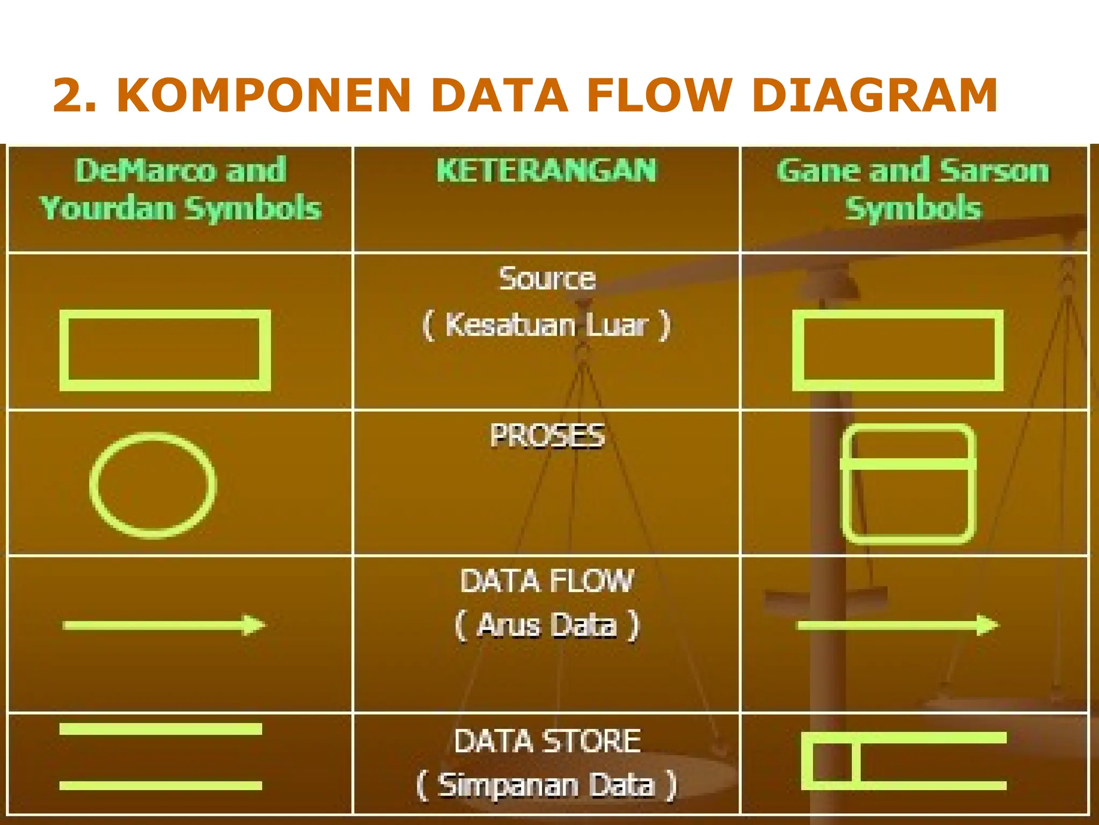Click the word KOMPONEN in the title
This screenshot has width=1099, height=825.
tap(263, 96)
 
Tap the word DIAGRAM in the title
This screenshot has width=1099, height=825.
tap(874, 96)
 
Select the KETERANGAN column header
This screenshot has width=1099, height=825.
tap(546, 171)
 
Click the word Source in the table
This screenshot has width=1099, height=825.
tap(547, 279)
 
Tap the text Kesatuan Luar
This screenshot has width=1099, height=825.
tap(547, 325)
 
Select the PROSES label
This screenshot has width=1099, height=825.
tap(547, 436)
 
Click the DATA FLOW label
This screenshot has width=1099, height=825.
tap(547, 581)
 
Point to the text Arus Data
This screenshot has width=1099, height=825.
tap(547, 625)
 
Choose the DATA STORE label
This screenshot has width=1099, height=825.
tap(547, 741)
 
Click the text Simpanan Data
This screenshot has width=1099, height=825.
tap(547, 785)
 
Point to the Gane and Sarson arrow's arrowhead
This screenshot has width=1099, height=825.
tap(987, 625)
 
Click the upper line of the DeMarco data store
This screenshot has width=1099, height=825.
tap(160, 729)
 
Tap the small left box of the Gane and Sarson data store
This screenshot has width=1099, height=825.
tap(831, 762)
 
